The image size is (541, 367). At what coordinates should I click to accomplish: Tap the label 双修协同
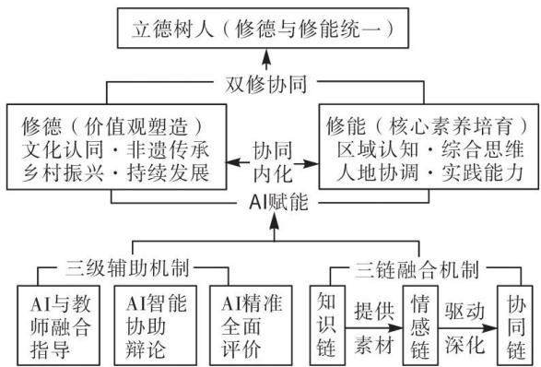tap(265, 84)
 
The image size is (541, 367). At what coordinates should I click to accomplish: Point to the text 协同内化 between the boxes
tap(273, 161)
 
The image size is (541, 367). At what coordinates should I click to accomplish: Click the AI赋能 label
tap(278, 202)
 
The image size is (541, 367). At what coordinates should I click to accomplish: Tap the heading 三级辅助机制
tap(128, 267)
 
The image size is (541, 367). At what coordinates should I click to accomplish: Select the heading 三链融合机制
tap(418, 269)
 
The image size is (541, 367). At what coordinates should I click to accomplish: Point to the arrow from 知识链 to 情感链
tap(374, 328)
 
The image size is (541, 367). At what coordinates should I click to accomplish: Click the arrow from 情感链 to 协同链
tap(467, 328)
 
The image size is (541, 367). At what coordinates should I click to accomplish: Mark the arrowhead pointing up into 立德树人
tap(266, 55)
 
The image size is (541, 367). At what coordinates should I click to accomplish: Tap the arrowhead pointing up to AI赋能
tap(275, 220)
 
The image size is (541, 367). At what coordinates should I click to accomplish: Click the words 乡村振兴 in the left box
tap(63, 172)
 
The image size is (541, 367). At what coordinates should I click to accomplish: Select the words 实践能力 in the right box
tap(483, 172)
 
